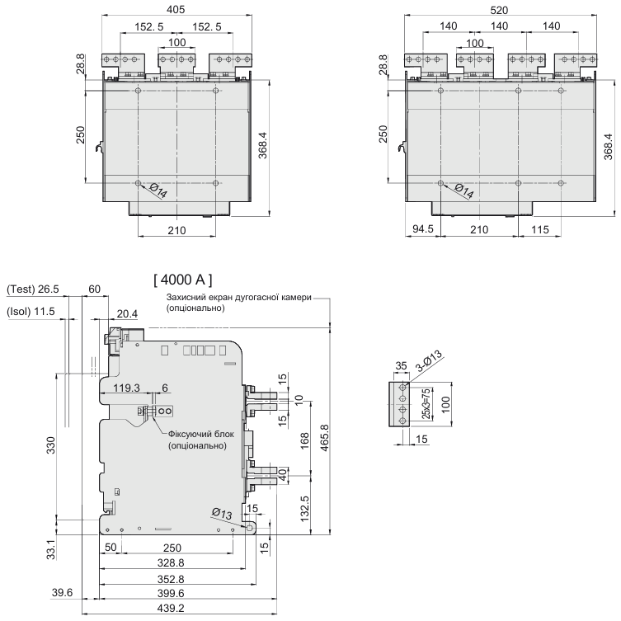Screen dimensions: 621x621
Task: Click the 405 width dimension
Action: (176, 9)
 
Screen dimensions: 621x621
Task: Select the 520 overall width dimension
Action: (499, 10)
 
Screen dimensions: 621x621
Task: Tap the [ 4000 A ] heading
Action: (183, 280)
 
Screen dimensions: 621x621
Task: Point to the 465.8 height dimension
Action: (324, 438)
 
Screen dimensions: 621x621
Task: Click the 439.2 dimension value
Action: (171, 608)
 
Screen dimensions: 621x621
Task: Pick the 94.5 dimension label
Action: (423, 229)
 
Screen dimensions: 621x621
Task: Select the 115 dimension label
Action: (540, 229)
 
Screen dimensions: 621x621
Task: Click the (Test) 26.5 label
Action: (33, 289)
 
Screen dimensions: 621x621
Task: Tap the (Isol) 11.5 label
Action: (31, 312)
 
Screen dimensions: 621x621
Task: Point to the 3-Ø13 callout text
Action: (430, 360)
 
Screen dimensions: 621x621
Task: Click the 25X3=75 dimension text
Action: (426, 403)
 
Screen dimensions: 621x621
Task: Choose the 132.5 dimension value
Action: (304, 509)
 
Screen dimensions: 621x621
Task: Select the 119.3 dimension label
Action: (127, 388)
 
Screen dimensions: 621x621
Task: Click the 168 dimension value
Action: (304, 440)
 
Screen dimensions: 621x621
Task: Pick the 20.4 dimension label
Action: (127, 314)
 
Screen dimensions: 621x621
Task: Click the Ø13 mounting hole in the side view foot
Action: (250, 528)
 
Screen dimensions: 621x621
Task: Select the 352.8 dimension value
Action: (171, 580)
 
